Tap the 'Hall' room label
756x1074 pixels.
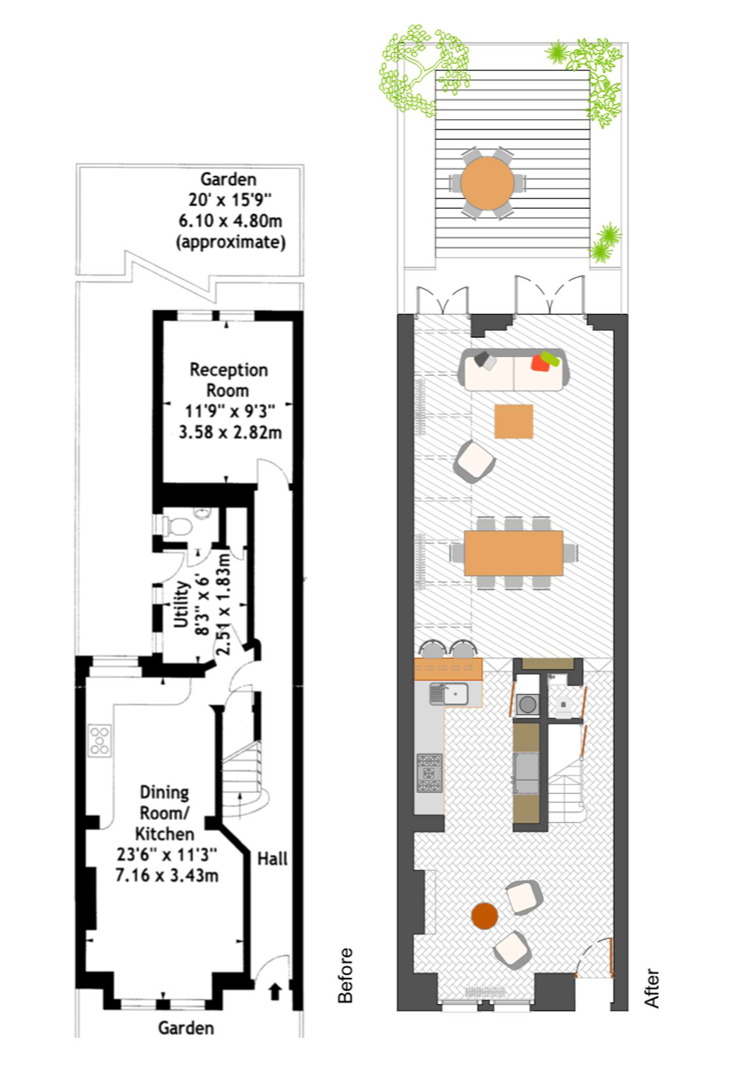272,859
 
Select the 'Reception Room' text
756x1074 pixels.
228,380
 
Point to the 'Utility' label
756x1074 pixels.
181,604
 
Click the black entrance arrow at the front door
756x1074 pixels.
275,991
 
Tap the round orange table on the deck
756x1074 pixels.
487,183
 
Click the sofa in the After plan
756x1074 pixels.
514,370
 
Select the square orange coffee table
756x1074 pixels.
514,421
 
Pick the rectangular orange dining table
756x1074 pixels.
514,553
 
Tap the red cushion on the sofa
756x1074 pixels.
540,363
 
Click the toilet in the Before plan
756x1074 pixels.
176,527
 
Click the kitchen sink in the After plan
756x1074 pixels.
449,694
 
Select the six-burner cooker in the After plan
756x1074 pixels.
429,772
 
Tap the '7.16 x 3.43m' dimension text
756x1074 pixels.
167,875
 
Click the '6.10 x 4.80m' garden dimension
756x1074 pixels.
230,221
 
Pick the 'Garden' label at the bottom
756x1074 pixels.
186,1028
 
